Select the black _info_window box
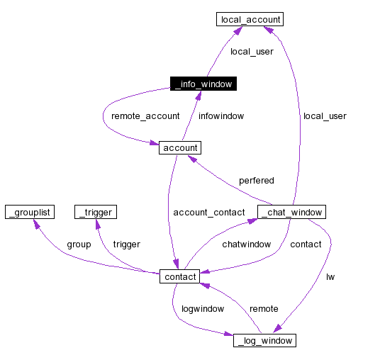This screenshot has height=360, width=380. click(203, 84)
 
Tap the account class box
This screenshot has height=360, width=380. click(180, 147)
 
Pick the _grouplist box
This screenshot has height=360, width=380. click(30, 212)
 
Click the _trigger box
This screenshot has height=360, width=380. click(94, 212)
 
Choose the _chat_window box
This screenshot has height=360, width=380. click(292, 212)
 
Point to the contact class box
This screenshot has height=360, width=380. click(180, 276)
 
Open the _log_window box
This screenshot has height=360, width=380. click(264, 341)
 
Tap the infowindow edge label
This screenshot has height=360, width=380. click(221, 116)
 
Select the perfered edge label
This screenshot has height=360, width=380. click(256, 181)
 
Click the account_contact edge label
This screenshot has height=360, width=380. click(208, 213)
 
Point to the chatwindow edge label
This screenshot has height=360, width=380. click(247, 244)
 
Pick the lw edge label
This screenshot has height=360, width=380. click(330, 276)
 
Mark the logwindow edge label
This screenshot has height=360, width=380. click(203, 309)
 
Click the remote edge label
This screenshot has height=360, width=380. click(263, 309)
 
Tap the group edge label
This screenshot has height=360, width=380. click(79, 244)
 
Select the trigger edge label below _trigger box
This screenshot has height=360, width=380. click(126, 244)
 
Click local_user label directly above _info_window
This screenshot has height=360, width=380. click(252, 52)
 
